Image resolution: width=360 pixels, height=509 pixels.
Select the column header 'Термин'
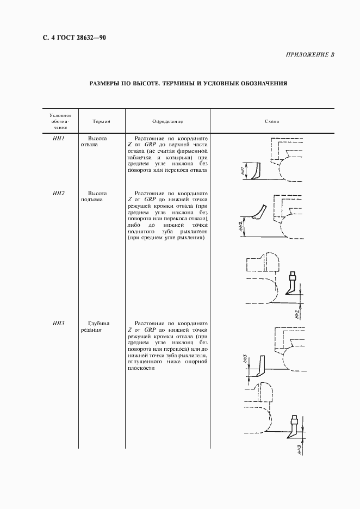click(101, 122)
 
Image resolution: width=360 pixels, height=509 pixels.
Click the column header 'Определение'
click(167, 122)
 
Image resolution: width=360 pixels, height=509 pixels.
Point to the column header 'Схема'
click(272, 122)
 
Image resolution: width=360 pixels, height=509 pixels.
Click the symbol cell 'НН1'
click(59, 139)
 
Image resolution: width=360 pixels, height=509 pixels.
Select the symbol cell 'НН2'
click(59, 193)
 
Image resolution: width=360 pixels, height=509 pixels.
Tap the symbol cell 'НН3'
click(59, 324)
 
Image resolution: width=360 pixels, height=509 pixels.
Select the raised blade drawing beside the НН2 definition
click(259, 213)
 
